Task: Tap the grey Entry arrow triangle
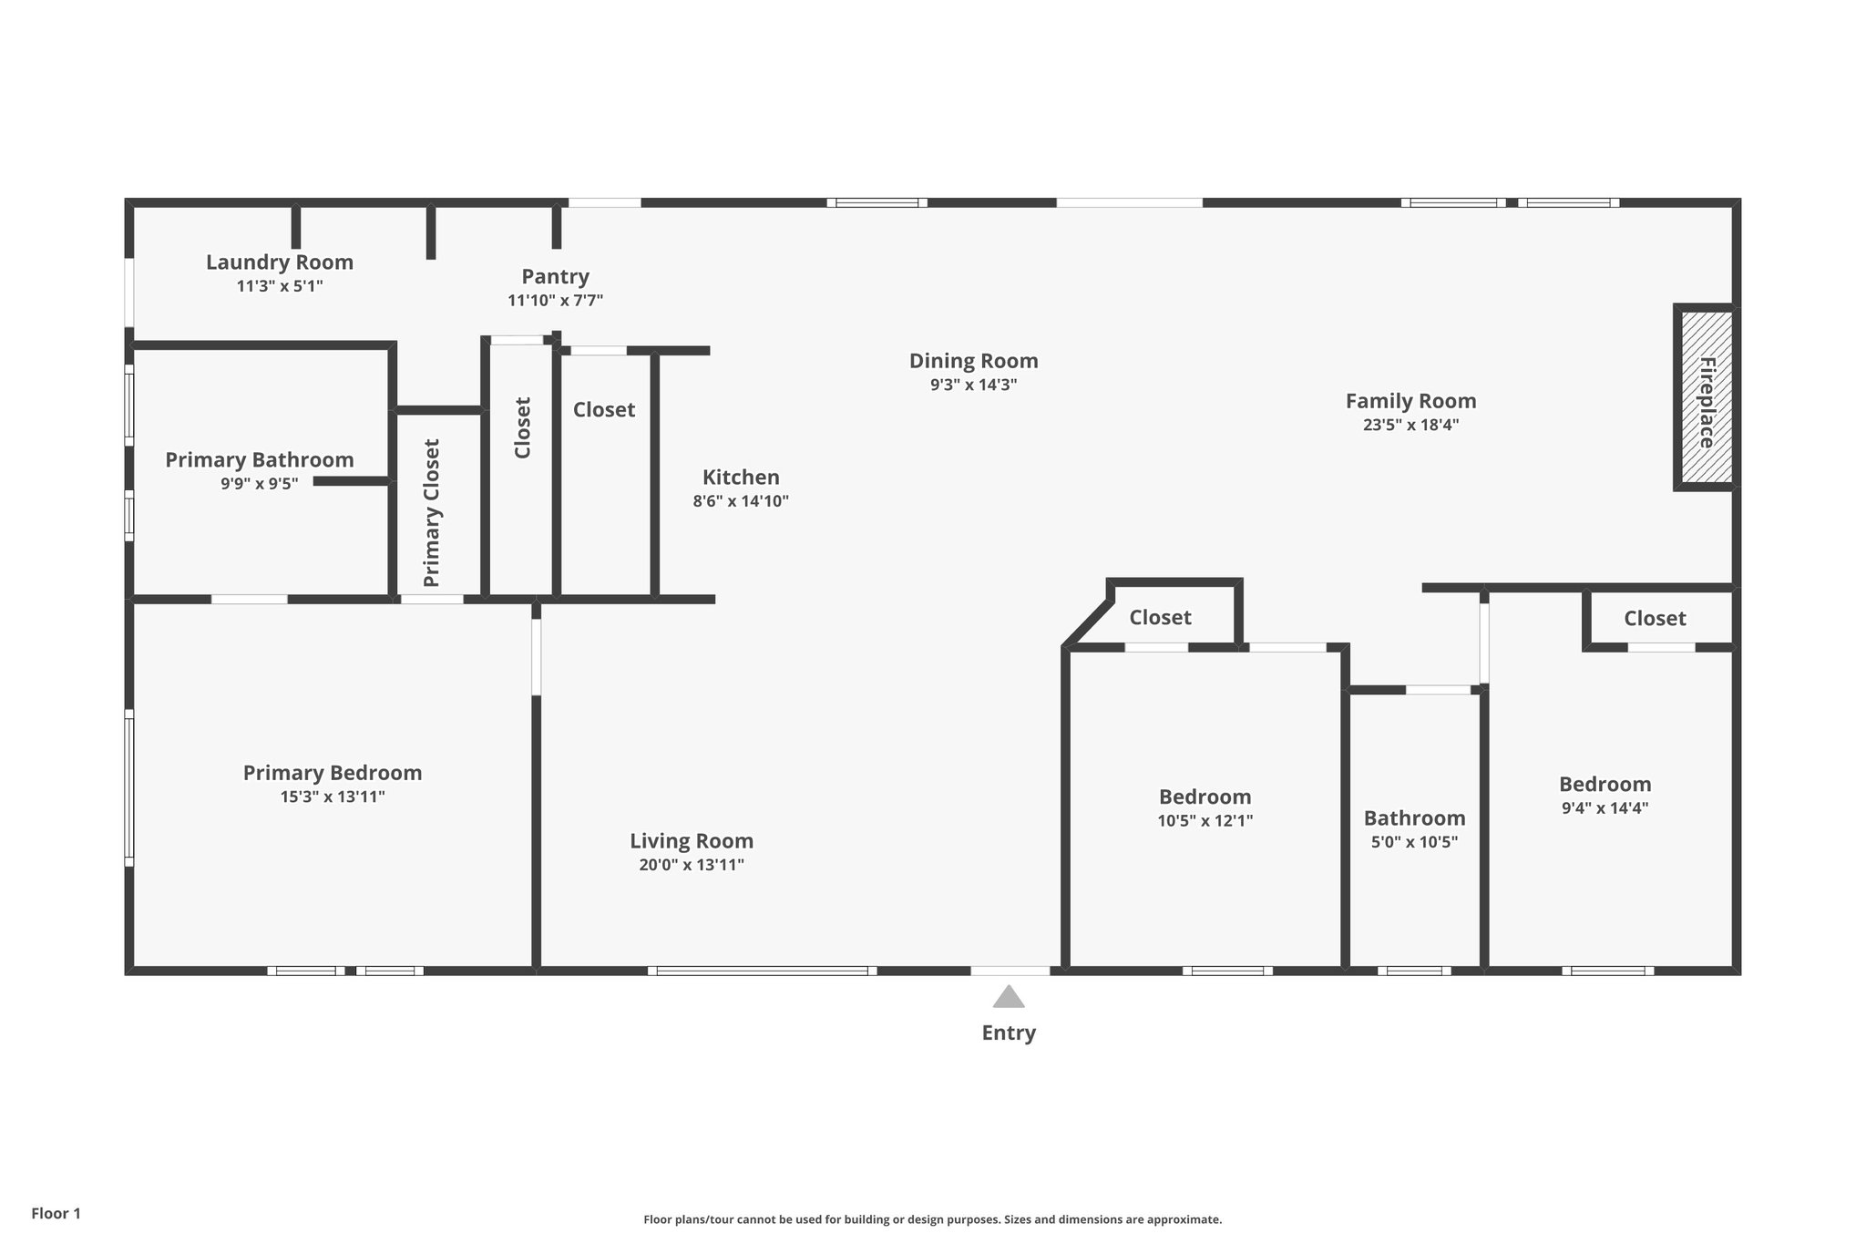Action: tap(1008, 997)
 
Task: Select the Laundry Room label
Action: tap(279, 262)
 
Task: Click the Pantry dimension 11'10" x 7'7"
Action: tap(555, 301)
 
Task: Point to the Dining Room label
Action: tap(973, 361)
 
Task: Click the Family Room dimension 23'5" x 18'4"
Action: tap(1410, 425)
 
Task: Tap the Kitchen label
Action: tap(741, 478)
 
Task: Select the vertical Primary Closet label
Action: tap(432, 512)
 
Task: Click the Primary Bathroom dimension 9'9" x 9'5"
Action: tap(259, 484)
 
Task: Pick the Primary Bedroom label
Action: tap(332, 773)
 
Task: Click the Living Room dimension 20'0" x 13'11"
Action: tap(691, 865)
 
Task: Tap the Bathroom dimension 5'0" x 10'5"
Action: tap(1414, 842)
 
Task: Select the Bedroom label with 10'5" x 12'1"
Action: tap(1205, 797)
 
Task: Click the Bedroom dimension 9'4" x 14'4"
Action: tap(1605, 808)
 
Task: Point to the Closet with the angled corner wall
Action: tap(1160, 618)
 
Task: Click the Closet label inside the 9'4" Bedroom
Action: tap(1655, 619)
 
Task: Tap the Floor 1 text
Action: tap(56, 1214)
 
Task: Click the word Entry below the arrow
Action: tap(1008, 1033)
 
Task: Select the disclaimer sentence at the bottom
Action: tap(932, 1219)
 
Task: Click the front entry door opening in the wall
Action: tap(1010, 971)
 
